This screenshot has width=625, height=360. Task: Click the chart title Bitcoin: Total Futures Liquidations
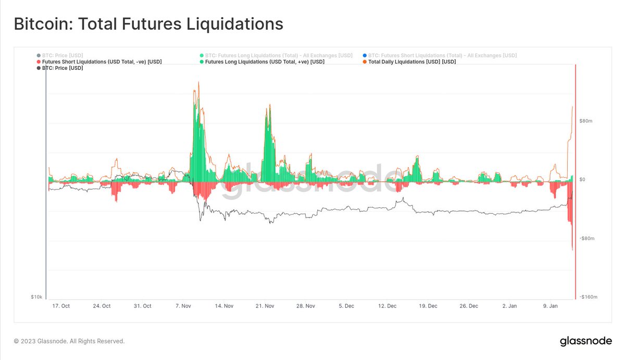tap(148, 24)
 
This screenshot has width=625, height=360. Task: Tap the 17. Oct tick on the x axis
tap(61, 306)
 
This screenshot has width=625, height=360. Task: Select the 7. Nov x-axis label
tap(183, 306)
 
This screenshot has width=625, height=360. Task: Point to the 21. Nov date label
tap(265, 306)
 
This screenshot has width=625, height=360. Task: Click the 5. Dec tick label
tap(346, 306)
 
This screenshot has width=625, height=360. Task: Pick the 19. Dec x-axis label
tap(428, 306)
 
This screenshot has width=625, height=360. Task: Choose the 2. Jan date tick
tap(509, 306)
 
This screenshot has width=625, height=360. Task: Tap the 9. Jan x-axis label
tap(550, 306)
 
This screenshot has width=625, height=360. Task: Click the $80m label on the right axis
tap(586, 121)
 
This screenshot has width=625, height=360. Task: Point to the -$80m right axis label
tap(587, 238)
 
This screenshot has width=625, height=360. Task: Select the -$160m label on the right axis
tap(588, 297)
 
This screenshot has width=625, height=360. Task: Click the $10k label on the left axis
tap(36, 297)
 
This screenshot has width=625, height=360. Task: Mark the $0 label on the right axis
tap(583, 180)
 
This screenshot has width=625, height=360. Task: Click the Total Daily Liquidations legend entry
tap(411, 61)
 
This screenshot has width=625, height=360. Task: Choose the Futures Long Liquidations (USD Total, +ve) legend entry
tap(265, 61)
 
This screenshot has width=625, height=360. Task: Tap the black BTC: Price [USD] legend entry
tap(62, 68)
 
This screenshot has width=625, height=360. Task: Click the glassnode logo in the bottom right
tap(582, 341)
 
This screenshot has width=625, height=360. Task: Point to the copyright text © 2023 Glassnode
tap(69, 341)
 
